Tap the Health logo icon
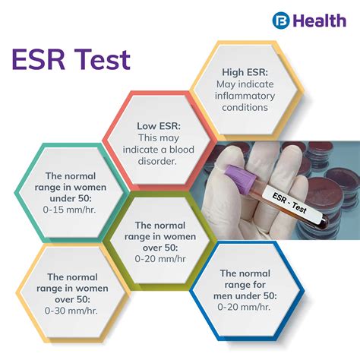pos(282,20)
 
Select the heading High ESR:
pos(242,71)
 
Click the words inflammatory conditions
pos(242,101)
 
